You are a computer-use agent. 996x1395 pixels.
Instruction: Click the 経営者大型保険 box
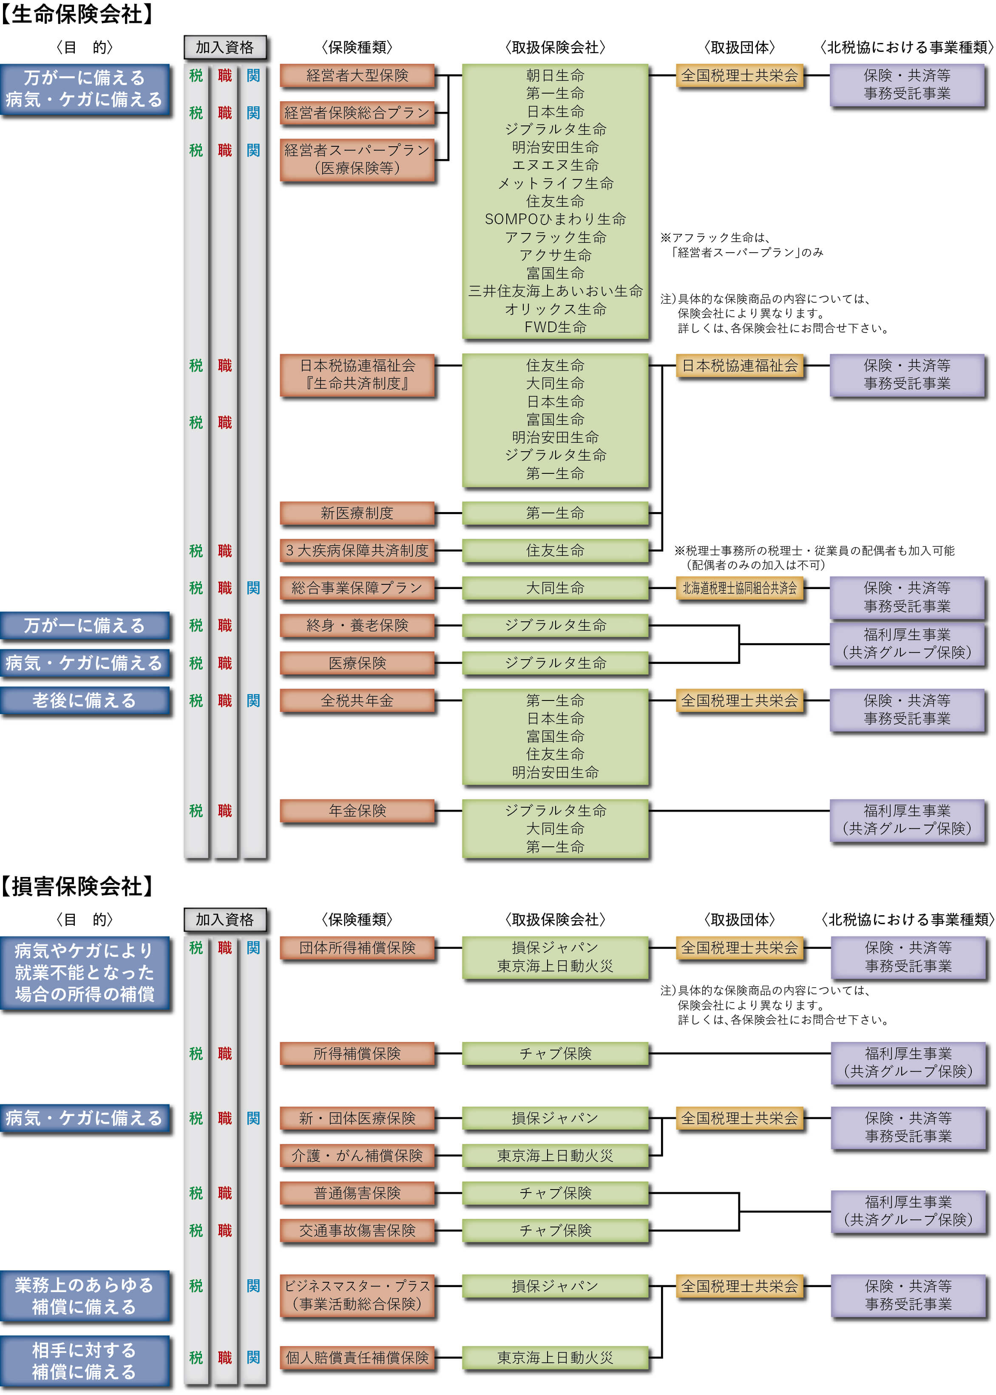(x=357, y=75)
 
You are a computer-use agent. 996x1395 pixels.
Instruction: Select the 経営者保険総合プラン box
(x=357, y=113)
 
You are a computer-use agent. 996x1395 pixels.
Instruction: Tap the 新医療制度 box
(x=357, y=513)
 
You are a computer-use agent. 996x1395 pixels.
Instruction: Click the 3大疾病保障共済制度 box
(x=357, y=550)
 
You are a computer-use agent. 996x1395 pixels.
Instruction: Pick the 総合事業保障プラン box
(x=357, y=588)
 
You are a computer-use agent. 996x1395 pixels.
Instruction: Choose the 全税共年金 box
(x=357, y=700)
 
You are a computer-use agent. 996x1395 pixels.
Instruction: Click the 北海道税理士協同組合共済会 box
(x=740, y=588)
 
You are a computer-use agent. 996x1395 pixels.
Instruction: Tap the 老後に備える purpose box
(x=85, y=700)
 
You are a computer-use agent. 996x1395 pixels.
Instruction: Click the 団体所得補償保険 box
(x=357, y=947)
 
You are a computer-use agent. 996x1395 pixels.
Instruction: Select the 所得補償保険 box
(x=357, y=1053)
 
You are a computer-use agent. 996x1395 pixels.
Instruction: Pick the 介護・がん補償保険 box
(x=357, y=1155)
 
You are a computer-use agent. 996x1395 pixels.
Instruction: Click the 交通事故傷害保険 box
(x=357, y=1230)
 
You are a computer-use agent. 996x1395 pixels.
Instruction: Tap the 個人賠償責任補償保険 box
(x=357, y=1357)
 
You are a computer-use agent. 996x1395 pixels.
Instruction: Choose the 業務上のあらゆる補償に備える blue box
(x=85, y=1295)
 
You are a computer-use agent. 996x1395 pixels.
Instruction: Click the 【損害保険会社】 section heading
(x=77, y=886)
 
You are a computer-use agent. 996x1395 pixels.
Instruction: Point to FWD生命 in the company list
(x=555, y=327)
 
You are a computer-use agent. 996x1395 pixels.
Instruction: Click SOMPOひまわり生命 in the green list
(x=555, y=219)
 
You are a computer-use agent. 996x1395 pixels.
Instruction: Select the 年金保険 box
(x=357, y=810)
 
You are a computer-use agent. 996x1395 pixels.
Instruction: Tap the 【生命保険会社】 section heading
(x=77, y=14)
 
